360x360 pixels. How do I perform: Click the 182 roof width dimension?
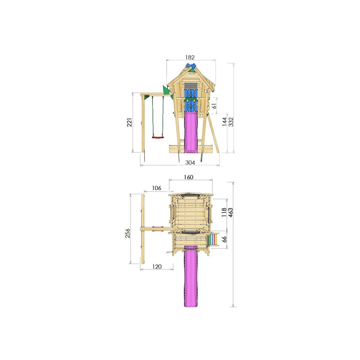point(190,57)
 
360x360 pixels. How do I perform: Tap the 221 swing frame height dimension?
point(130,122)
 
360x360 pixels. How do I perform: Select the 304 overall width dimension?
point(190,163)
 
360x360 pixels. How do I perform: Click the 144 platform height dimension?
point(225,121)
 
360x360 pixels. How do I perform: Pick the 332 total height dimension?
point(230,121)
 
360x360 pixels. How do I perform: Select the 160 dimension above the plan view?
point(189,177)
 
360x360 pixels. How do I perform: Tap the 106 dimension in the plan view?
point(156,188)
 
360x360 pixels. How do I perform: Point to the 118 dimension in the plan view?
point(224,212)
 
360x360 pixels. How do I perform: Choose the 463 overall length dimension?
point(230,212)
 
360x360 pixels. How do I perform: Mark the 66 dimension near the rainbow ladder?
point(224,239)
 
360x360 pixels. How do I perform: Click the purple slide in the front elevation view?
point(191,133)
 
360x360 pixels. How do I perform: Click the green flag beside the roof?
point(166,90)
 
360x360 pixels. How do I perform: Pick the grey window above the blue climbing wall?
point(190,85)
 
